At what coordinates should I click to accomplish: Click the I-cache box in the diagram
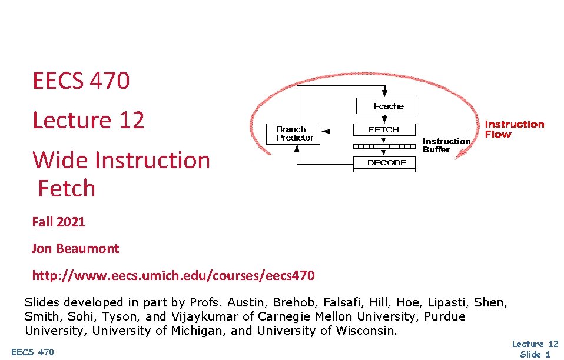386,106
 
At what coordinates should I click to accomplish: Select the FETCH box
384,129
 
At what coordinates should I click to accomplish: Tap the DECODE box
386,163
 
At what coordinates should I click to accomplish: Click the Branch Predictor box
295,134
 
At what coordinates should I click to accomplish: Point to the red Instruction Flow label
514,129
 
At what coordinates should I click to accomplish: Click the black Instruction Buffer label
446,145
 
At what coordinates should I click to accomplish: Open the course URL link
173,275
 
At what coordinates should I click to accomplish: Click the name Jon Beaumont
75,248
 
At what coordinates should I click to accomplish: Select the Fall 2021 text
58,222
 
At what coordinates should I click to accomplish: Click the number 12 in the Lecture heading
131,120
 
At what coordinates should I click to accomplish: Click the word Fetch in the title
67,189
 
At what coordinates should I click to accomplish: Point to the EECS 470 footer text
32,352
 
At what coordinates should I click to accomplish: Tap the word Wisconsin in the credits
366,331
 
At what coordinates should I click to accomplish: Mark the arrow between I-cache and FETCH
384,118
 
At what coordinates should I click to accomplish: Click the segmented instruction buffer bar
384,146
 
